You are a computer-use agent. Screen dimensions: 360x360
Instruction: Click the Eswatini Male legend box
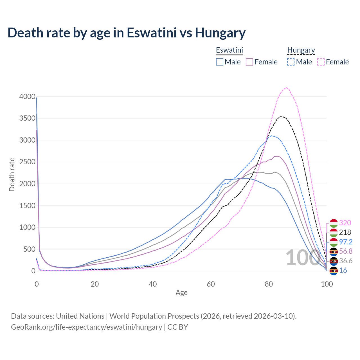[x=220, y=62]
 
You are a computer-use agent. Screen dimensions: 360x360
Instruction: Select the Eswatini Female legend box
[x=249, y=62]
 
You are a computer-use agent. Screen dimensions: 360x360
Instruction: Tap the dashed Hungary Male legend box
[x=291, y=62]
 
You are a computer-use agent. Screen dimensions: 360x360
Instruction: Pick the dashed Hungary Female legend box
[x=321, y=62]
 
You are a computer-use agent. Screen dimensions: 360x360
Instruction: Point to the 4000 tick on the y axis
[x=27, y=97]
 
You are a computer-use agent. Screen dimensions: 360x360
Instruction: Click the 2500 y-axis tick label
[x=27, y=162]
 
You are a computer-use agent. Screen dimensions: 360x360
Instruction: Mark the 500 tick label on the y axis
[x=29, y=249]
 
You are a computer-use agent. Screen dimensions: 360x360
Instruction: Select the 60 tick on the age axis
[x=211, y=284]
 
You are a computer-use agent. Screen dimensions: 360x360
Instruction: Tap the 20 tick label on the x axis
[x=95, y=284]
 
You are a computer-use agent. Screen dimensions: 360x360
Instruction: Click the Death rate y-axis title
[x=12, y=175]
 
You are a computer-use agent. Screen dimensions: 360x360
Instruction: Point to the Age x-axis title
[x=181, y=293]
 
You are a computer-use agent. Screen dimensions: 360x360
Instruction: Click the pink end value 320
[x=345, y=223]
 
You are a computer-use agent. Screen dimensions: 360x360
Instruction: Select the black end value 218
[x=345, y=232]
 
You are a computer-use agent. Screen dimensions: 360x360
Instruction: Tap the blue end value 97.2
[x=346, y=242]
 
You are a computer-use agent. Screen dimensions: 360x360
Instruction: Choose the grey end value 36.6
[x=346, y=261]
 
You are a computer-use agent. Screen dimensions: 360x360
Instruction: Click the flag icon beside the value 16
[x=334, y=271]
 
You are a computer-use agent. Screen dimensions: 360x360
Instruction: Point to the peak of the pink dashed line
[x=286, y=87]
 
